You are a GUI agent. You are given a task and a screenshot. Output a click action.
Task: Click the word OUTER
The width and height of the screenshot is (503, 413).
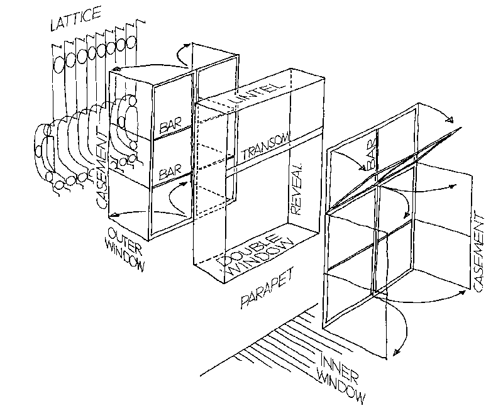point(120,234)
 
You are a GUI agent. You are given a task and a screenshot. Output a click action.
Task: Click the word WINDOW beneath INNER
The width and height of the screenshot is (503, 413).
point(343,386)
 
